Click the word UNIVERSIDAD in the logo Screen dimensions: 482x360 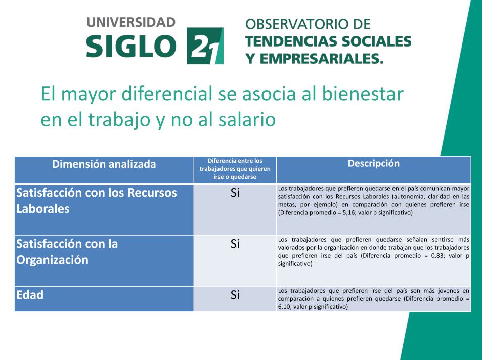tap(131, 22)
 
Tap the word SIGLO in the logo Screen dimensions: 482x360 tap(132, 46)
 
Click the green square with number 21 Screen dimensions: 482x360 tap(205, 46)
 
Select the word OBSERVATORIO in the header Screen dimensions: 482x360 tap(299, 24)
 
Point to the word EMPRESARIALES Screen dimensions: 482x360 tap(322, 59)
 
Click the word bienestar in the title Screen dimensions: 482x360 tap(363, 94)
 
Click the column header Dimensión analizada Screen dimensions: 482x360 tap(104, 164)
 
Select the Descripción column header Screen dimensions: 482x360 tap(373, 163)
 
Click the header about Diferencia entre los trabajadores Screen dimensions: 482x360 tap(235, 169)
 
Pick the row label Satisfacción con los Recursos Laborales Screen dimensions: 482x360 tap(96, 201)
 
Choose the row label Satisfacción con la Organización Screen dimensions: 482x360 tap(67, 252)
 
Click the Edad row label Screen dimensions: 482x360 tap(30, 295)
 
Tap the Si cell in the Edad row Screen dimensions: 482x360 tap(235, 295)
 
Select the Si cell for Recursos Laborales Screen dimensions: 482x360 tap(235, 193)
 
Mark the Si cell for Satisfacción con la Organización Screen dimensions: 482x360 tap(235, 244)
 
